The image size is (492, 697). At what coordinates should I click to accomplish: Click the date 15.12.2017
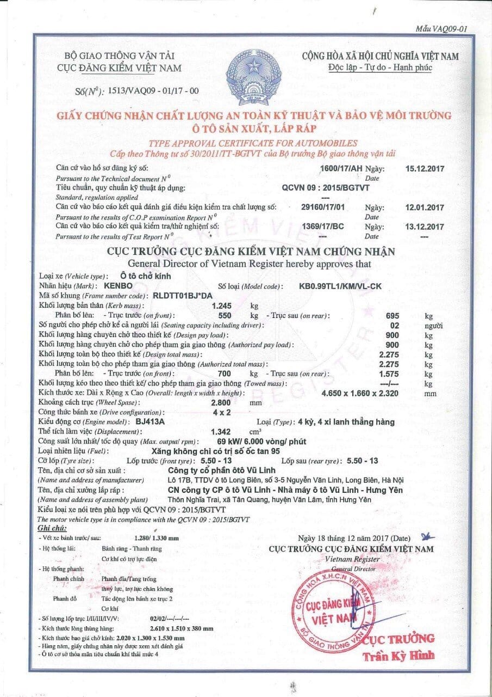pos(425,168)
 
